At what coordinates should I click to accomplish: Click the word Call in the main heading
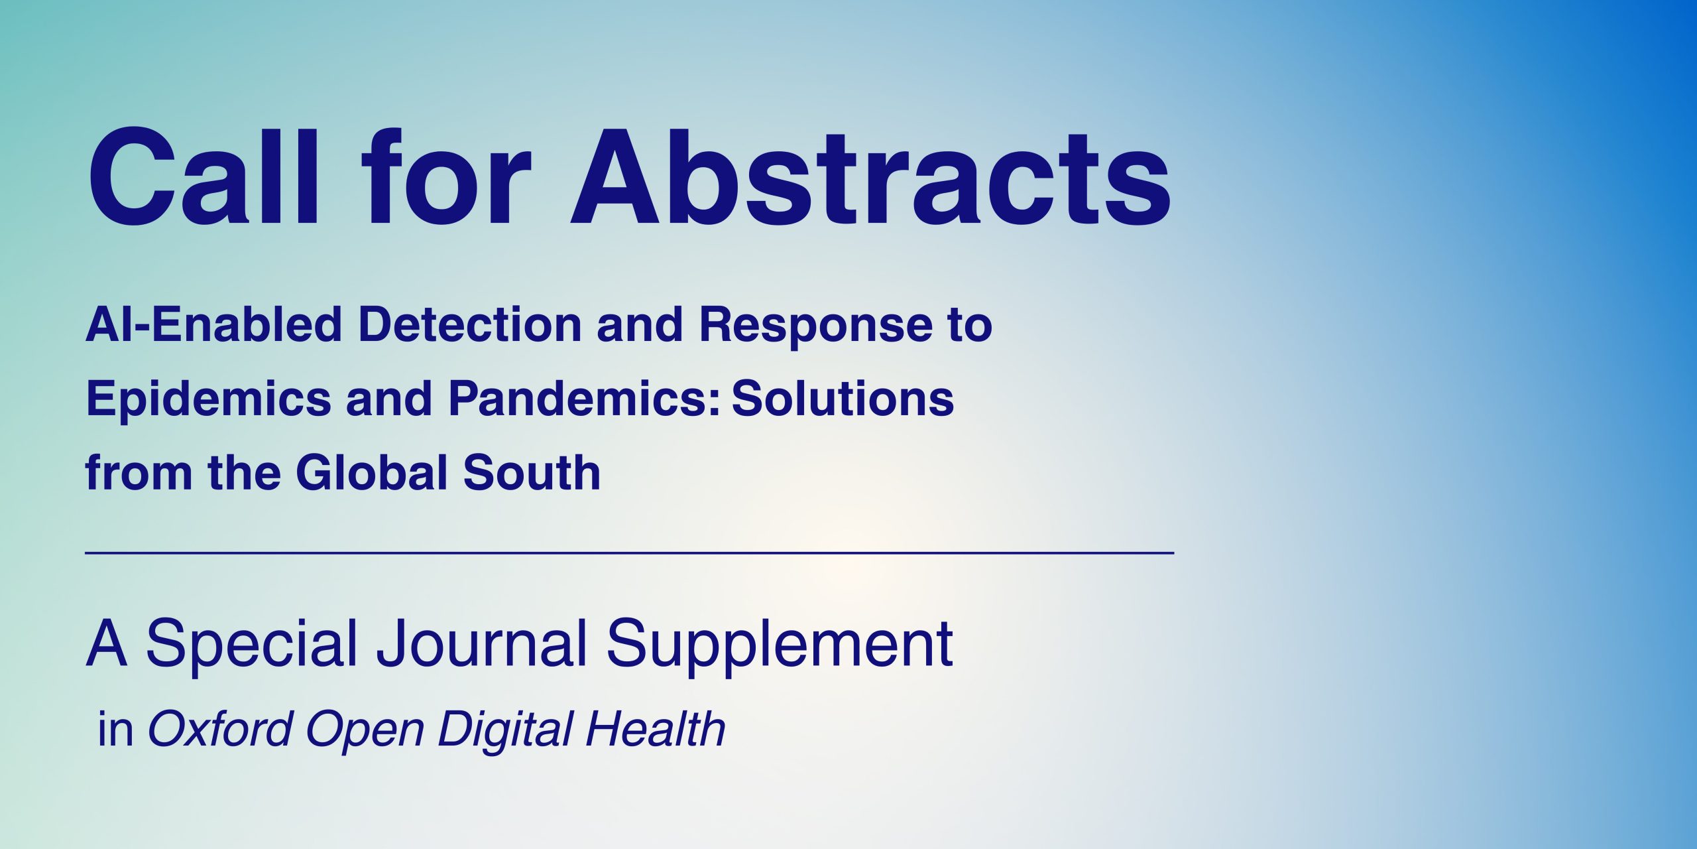click(x=204, y=176)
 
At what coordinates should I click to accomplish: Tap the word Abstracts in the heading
click(x=871, y=176)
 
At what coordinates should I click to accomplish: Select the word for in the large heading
click(x=445, y=176)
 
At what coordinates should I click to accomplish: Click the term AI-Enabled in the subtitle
click(x=213, y=324)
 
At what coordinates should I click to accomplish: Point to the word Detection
click(x=469, y=324)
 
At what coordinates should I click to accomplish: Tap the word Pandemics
click(x=584, y=399)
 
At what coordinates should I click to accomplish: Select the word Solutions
click(x=843, y=399)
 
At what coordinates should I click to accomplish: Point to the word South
click(x=532, y=472)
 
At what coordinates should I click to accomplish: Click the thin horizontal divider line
click(x=630, y=553)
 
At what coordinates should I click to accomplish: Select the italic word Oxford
click(x=220, y=729)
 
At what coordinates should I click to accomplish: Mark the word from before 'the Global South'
click(x=139, y=472)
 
